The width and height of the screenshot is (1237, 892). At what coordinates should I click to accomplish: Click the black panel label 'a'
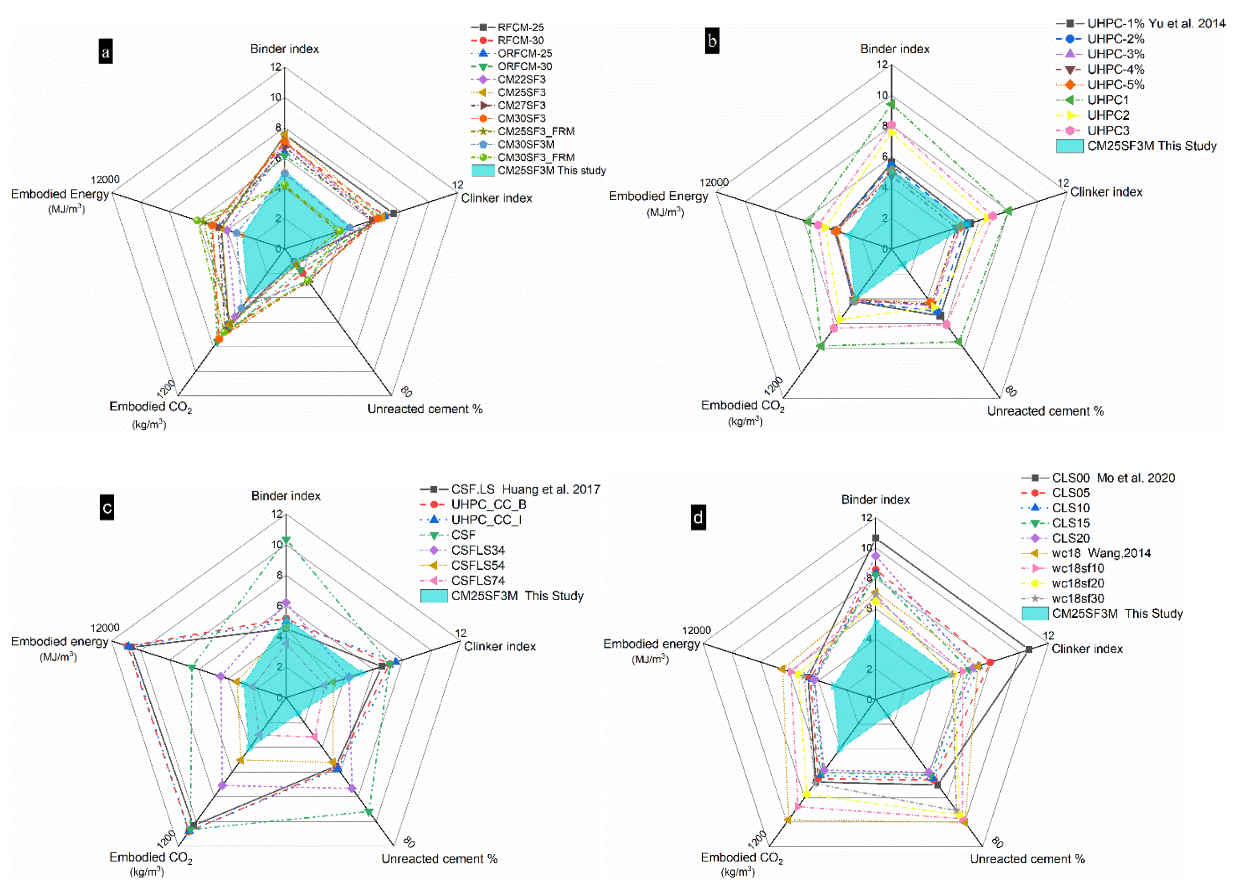click(105, 52)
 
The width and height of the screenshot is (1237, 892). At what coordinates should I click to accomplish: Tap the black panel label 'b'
click(712, 41)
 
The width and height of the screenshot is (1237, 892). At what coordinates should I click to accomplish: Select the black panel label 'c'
click(107, 508)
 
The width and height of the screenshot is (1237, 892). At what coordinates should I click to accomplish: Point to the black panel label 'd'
click(698, 517)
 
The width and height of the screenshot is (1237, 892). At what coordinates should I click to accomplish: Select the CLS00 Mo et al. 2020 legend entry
click(1113, 478)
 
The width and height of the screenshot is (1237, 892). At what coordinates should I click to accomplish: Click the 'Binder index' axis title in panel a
click(284, 49)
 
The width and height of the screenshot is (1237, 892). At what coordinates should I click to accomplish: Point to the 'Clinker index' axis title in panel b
click(1106, 192)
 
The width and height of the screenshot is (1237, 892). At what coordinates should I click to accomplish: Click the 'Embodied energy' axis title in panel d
click(651, 644)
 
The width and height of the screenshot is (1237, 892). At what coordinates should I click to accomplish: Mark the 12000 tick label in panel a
click(105, 180)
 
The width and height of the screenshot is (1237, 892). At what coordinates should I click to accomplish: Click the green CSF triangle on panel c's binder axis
click(285, 541)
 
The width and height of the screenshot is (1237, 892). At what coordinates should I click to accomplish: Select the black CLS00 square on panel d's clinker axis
click(1029, 649)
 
